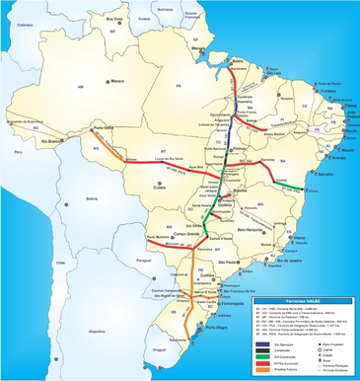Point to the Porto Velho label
click(104, 127)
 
